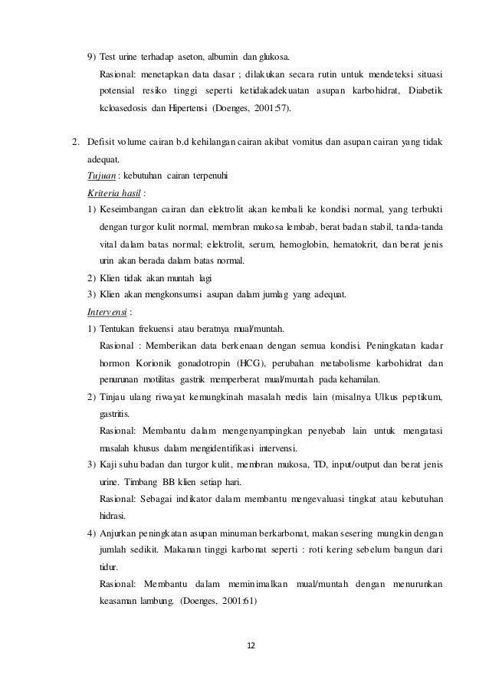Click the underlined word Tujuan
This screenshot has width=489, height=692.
point(100,175)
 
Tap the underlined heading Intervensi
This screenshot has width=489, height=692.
point(107,313)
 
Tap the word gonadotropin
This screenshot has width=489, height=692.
point(205,362)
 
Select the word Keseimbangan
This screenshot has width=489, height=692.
point(132,208)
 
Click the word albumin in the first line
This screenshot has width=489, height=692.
point(219,57)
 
